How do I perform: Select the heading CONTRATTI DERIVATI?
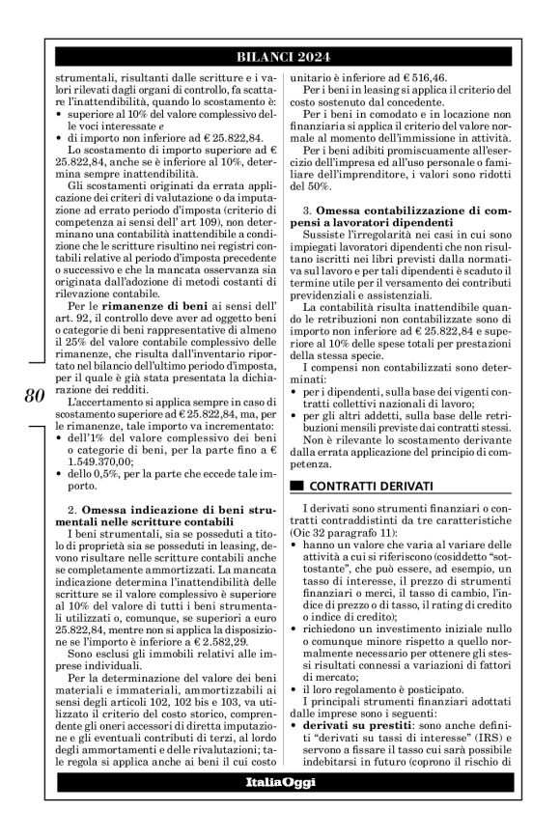pyautogui.click(x=371, y=484)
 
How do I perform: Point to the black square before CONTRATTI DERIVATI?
pyautogui.click(x=297, y=484)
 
